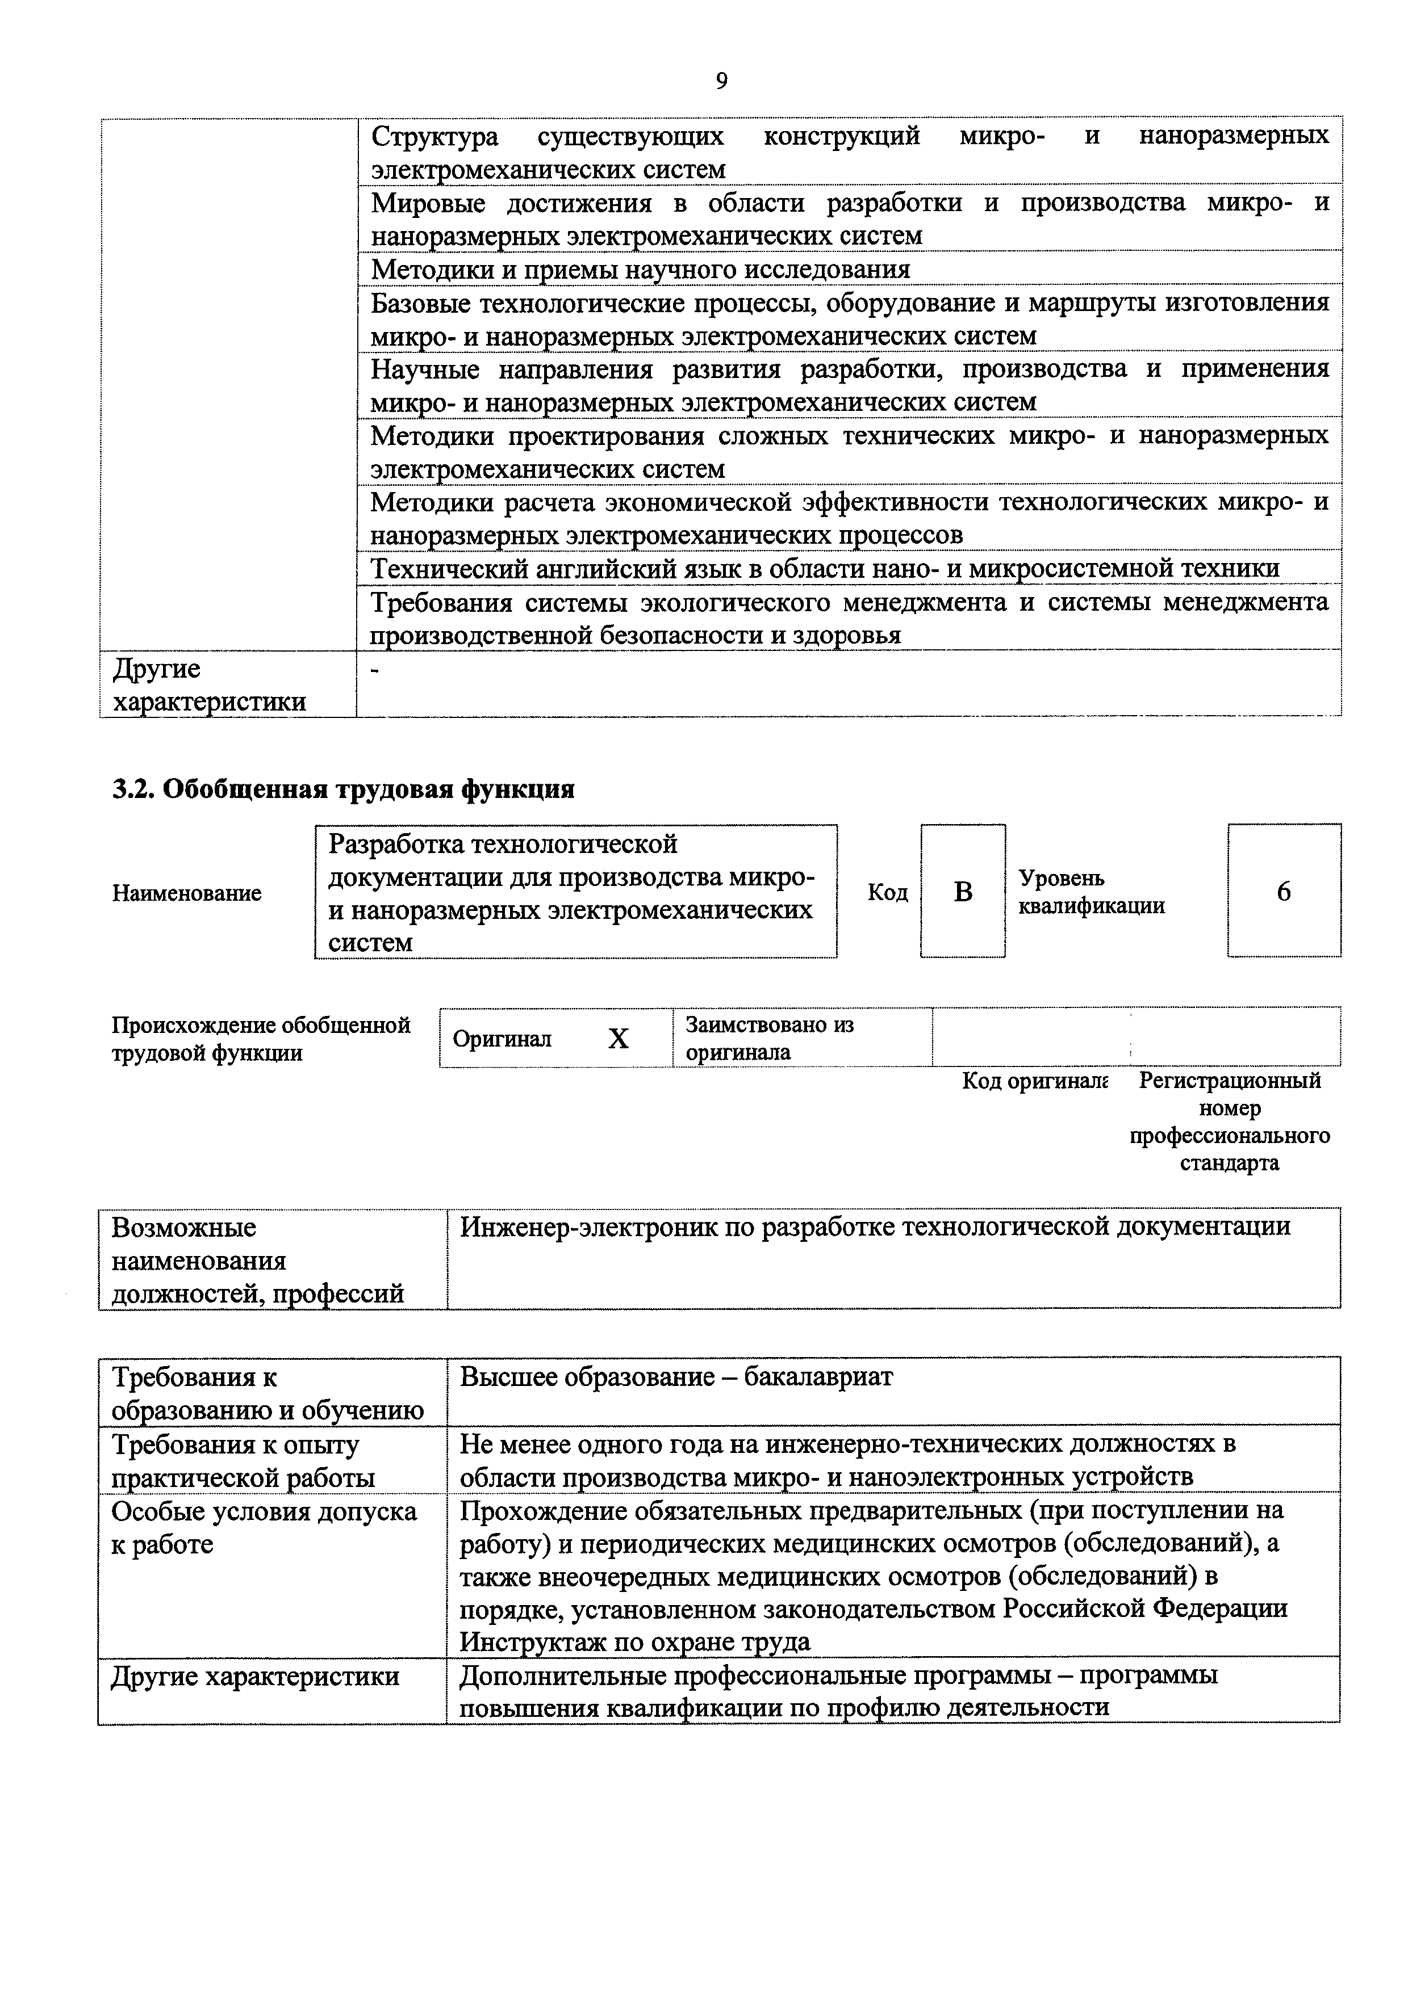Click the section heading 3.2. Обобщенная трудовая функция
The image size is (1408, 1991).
click(344, 789)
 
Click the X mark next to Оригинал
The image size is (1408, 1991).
click(618, 1038)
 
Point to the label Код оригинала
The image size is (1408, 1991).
click(1034, 1081)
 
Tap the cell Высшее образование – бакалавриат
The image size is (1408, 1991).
click(676, 1376)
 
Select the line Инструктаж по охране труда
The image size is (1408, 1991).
click(634, 1641)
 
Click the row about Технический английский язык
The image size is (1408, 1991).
click(824, 568)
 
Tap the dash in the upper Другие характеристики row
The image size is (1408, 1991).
click(375, 670)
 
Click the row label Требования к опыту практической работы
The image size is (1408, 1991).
click(243, 1460)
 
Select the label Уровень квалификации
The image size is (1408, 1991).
click(1091, 892)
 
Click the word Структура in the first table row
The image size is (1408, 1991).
click(434, 136)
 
